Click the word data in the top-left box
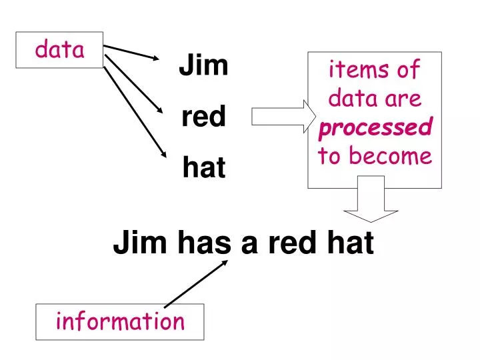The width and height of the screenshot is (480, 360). (60, 49)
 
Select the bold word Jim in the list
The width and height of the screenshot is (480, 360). (203, 66)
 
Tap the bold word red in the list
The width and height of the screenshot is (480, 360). (203, 118)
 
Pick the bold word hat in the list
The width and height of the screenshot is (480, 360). (204, 169)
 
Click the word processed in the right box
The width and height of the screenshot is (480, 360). (374, 127)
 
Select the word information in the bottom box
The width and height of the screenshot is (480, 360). (120, 321)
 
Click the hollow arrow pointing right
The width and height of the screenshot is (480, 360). (279, 117)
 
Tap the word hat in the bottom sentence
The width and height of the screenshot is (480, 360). (349, 245)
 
